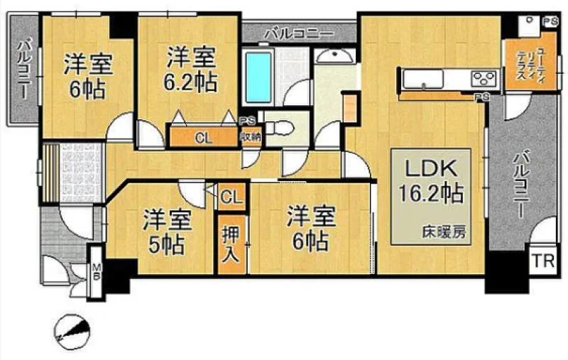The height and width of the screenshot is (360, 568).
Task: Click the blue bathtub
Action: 258,77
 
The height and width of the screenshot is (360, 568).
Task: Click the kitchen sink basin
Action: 423,78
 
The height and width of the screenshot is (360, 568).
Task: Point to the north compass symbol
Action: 72,332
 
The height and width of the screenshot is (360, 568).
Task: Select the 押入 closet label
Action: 230,244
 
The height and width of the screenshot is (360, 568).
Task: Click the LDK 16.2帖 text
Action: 431,182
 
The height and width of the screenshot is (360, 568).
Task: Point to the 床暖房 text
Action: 444,232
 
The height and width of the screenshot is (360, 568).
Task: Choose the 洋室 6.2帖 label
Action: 191,70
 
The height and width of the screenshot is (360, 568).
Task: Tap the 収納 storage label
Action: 251,137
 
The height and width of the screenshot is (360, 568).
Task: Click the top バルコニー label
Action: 299,34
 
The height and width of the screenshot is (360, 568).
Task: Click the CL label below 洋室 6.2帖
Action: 204,138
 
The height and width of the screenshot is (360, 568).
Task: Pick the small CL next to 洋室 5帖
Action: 231,197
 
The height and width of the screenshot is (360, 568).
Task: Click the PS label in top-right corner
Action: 551,22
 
